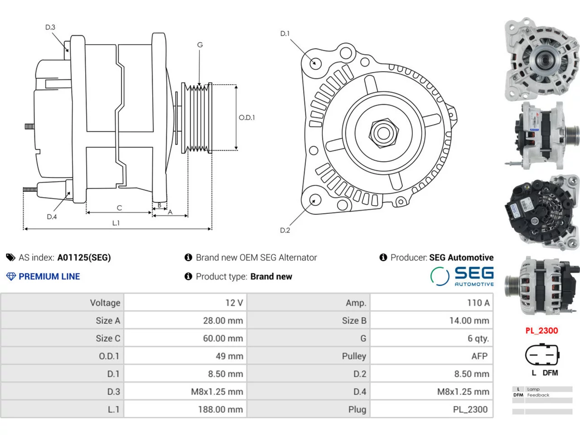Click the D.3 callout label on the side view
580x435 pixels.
(50, 27)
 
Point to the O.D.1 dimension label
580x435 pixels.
(247, 117)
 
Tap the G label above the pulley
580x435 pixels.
(200, 45)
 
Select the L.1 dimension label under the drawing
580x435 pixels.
(116, 223)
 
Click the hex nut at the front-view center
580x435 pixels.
(384, 133)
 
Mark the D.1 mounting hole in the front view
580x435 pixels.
(315, 63)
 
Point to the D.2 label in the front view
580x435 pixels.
(285, 230)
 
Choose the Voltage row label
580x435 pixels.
(105, 303)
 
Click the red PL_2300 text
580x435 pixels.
(541, 331)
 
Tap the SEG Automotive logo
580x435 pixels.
(462, 276)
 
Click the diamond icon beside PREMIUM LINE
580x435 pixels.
(11, 276)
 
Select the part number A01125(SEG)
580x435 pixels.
(84, 257)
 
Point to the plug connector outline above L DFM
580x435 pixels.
(542, 354)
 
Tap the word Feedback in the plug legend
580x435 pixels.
(538, 395)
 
